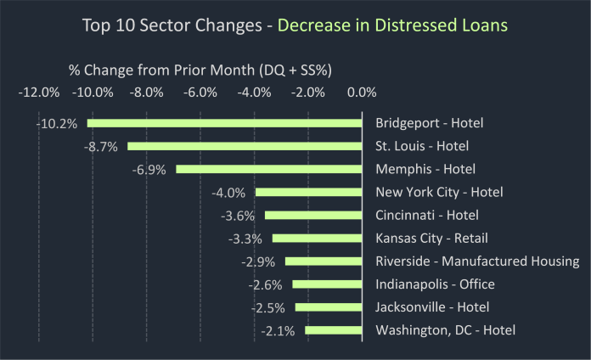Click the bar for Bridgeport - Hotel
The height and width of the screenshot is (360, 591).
tap(225, 123)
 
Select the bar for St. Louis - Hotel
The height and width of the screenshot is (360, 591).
tap(245, 146)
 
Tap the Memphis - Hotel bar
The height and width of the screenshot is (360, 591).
tap(269, 169)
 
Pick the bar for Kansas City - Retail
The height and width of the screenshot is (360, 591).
tap(318, 238)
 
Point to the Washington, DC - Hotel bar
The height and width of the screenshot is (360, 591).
tap(334, 330)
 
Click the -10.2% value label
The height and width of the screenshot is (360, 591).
tap(57, 123)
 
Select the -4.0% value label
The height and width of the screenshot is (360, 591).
tap(228, 192)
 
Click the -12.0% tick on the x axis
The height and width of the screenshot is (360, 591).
tap(38, 92)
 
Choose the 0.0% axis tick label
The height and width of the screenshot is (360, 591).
tap(362, 92)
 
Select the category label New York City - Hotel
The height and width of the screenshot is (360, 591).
tap(439, 192)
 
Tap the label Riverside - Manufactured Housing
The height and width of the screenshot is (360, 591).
tap(477, 261)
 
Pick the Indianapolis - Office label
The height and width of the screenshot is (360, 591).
tap(435, 284)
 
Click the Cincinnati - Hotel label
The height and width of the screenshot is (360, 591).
tap(426, 215)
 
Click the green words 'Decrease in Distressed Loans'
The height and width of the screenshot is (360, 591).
tap(393, 25)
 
